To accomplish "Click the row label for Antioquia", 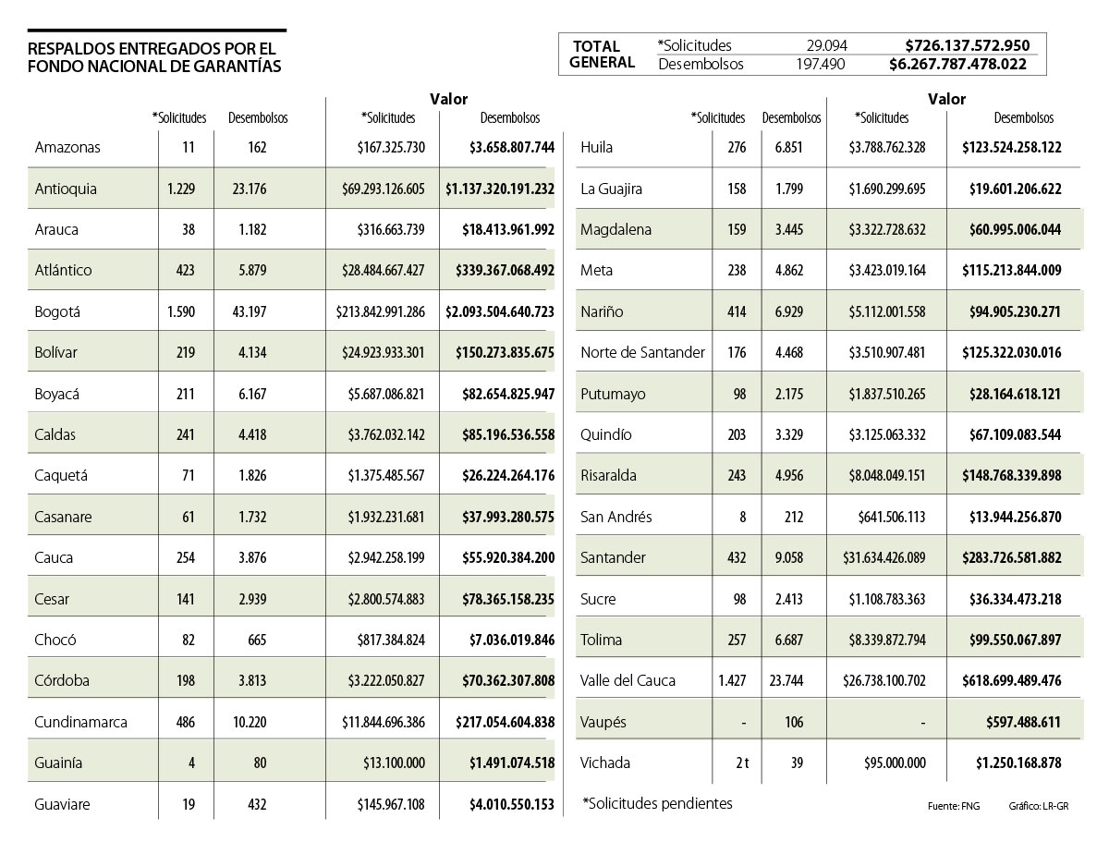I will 66,189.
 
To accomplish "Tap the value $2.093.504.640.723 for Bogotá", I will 499,311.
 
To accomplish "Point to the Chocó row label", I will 55,640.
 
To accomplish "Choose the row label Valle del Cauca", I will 628,680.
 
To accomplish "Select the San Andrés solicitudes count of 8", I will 743,517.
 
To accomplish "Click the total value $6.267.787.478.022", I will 957,65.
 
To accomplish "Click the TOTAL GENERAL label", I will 602,55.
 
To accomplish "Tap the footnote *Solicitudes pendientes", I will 657,803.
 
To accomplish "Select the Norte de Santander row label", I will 642,352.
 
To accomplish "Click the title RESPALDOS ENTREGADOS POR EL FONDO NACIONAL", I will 154,57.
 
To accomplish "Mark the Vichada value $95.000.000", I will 885,763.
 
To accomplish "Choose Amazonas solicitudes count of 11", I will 189,147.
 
